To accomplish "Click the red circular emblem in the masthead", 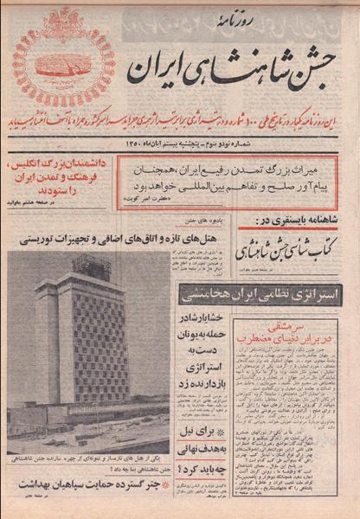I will pyautogui.click(x=62, y=59).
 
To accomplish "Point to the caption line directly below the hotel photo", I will pyautogui.click(x=87, y=450).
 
